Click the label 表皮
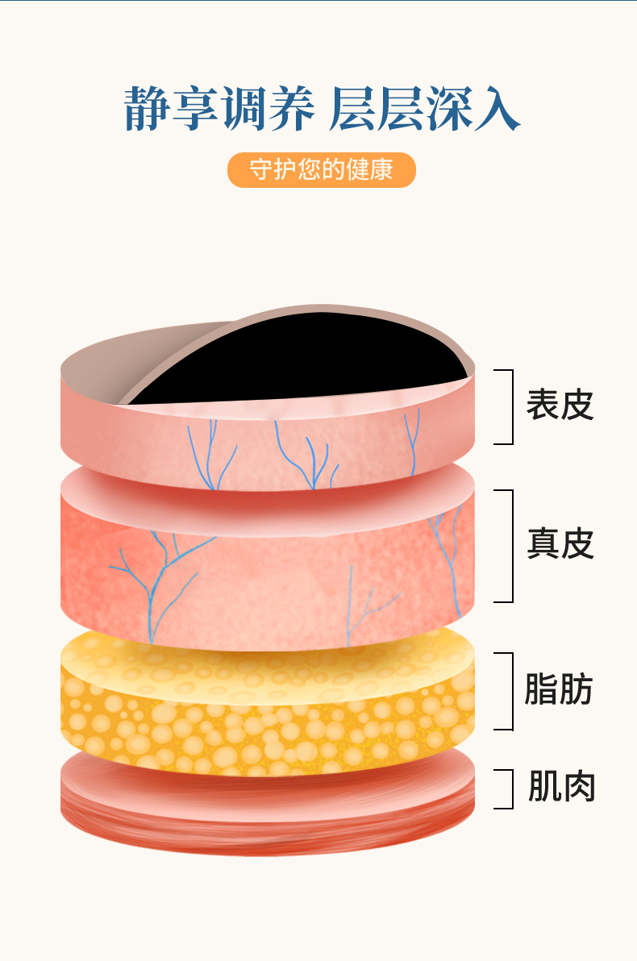560,406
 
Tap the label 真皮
560,544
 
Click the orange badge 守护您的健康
321,170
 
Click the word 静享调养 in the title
219,110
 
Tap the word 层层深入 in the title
424,110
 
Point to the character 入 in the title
497,110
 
